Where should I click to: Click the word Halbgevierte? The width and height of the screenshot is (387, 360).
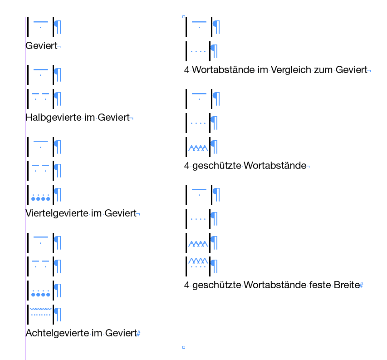click(x=54, y=118)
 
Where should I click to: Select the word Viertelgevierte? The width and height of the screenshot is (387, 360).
click(x=57, y=213)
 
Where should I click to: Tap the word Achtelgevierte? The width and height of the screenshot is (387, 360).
click(x=57, y=333)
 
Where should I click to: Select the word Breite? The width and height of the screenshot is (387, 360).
click(x=347, y=285)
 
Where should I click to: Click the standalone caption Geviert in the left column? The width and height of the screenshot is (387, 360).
click(x=41, y=46)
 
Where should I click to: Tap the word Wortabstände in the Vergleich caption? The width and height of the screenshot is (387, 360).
click(x=223, y=70)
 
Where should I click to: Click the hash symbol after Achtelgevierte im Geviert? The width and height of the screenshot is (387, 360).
click(x=138, y=334)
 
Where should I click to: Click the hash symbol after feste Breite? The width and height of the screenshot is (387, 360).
click(x=361, y=286)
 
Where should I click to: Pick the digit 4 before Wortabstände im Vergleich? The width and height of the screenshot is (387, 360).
click(x=187, y=70)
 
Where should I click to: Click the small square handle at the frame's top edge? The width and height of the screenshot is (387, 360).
click(x=184, y=17)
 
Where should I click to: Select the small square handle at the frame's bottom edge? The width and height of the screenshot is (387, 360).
click(x=184, y=347)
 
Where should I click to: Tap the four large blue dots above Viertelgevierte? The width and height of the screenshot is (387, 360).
click(x=41, y=198)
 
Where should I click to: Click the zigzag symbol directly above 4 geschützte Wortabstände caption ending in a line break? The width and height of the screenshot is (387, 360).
click(x=198, y=148)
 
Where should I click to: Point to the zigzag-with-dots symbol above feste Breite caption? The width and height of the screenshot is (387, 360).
click(x=198, y=262)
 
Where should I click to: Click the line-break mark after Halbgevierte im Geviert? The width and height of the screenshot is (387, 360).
click(x=132, y=119)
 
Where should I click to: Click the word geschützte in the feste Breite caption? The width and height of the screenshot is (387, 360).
click(x=217, y=286)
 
